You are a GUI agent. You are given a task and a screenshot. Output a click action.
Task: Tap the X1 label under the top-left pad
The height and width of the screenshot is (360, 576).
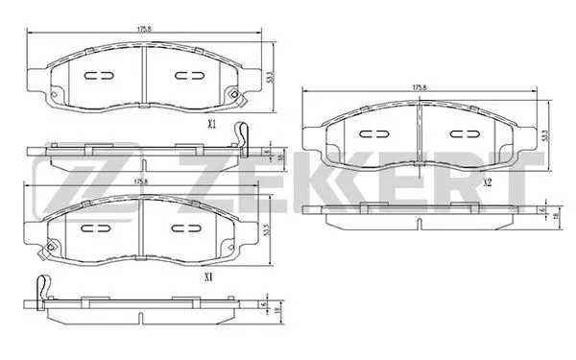point(212,124)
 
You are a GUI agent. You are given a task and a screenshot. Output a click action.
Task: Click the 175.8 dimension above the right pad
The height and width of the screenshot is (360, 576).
point(419,88)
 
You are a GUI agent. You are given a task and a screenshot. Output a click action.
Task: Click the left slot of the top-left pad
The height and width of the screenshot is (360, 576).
point(99,76)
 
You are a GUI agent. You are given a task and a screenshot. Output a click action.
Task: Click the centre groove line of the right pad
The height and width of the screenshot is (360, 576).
point(421,134)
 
